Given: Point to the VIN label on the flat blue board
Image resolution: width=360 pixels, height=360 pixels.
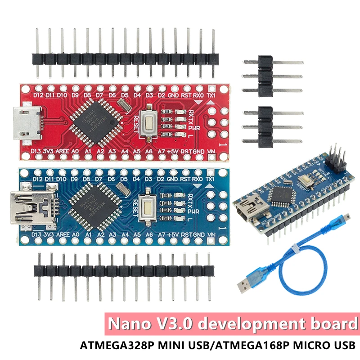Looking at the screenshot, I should (x=210, y=235).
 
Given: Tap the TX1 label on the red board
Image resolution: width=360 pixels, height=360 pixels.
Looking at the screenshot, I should (x=210, y=95).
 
